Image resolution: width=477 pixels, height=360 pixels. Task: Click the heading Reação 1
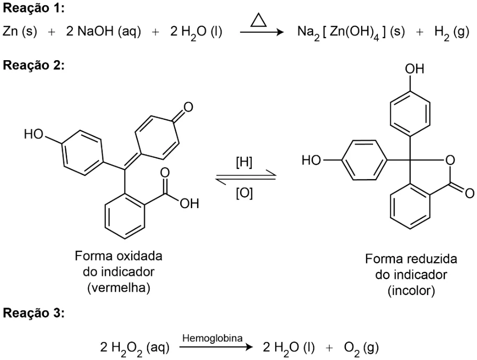33,8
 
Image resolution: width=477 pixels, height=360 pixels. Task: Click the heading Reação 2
33,65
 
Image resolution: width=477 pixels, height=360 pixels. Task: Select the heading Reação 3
33,313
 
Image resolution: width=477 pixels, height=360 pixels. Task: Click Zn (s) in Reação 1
20,32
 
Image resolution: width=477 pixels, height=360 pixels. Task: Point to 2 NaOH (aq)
104,32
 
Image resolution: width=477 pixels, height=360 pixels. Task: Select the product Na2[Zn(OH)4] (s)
351,32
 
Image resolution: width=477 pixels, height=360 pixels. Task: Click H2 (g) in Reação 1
452,32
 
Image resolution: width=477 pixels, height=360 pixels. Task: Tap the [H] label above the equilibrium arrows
244,162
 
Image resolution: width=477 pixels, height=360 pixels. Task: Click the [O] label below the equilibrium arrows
244,193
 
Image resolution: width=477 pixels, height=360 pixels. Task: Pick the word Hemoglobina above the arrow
212,338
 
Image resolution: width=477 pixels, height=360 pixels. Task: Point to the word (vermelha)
119,287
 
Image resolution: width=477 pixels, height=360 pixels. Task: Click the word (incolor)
411,291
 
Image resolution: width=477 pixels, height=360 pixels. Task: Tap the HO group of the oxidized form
34,134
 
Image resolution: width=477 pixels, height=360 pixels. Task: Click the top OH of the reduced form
415,69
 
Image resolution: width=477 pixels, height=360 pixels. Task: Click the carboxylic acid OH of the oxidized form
189,203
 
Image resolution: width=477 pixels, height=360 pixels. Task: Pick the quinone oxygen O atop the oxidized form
188,107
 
